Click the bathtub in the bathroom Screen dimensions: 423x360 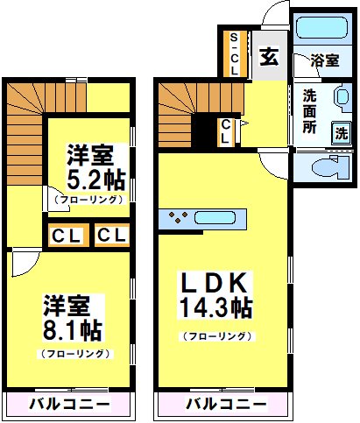(321, 27)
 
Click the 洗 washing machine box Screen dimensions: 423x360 (341, 132)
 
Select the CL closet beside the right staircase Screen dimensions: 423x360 (226, 131)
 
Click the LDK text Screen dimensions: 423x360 (216, 284)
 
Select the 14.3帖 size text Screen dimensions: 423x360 (216, 308)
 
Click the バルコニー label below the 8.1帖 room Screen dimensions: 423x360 (69, 404)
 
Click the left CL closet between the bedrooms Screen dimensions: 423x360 (67, 236)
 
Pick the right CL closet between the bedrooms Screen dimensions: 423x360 (110, 236)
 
